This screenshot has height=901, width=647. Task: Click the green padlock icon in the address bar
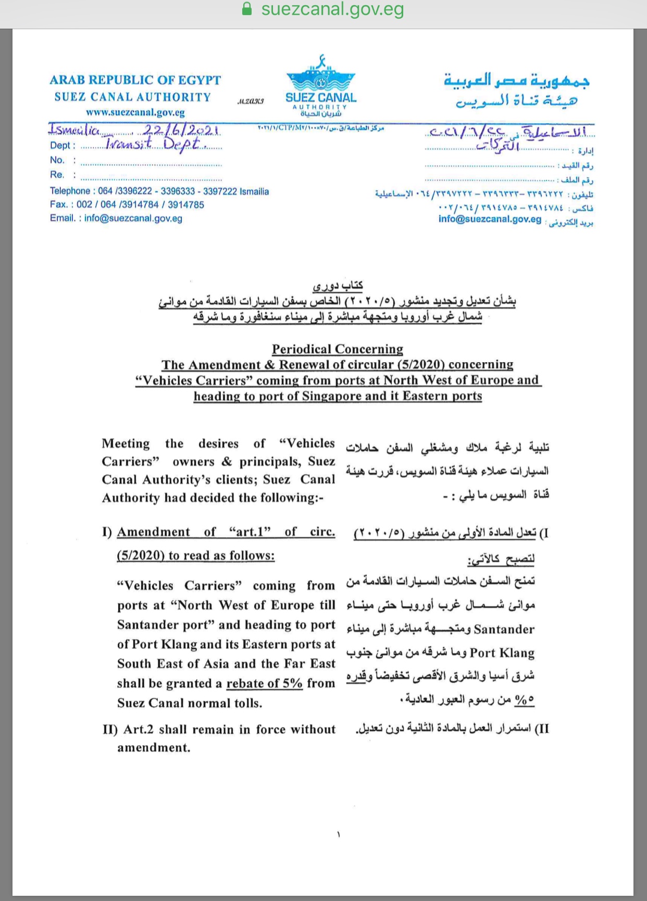(x=247, y=9)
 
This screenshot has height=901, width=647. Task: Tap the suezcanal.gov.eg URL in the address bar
(x=332, y=9)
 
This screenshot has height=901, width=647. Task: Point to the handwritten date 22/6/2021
(x=181, y=130)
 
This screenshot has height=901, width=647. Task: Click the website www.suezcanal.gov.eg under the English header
(x=135, y=112)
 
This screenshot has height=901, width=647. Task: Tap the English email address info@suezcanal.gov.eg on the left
(x=133, y=218)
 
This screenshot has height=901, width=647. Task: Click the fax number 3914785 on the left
(x=186, y=205)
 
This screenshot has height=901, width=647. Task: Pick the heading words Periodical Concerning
(x=338, y=349)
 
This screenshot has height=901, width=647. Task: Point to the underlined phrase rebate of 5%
(x=264, y=683)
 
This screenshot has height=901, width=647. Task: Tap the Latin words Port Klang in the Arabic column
(x=502, y=653)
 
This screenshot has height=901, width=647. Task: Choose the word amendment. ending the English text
(x=154, y=748)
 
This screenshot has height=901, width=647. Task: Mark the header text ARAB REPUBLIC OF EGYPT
(x=135, y=80)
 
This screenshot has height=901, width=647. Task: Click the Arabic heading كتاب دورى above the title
(x=338, y=286)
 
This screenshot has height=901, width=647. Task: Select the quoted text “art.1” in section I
(x=250, y=532)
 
